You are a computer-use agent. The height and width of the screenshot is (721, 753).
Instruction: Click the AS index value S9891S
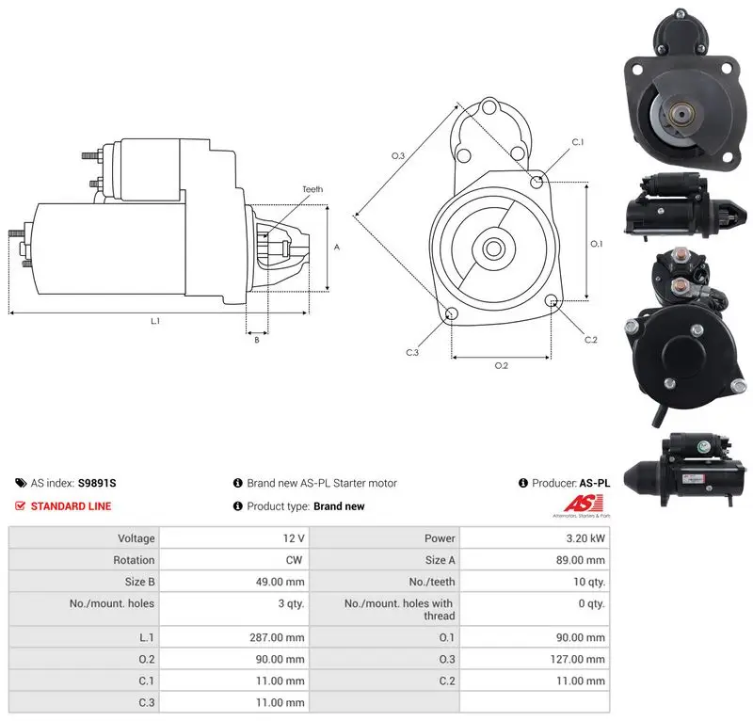point(97,483)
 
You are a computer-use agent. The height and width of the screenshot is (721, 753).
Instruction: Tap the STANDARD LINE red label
point(71,506)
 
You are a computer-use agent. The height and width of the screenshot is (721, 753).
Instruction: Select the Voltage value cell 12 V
point(294,538)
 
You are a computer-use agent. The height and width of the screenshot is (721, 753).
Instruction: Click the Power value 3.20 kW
point(585,538)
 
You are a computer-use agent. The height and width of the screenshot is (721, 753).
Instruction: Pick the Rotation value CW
point(294,560)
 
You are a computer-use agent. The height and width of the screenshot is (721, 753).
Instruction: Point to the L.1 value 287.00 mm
point(277,637)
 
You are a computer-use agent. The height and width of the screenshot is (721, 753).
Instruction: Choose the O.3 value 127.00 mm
point(577,659)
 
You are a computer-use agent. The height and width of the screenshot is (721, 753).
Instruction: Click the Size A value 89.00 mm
point(580,560)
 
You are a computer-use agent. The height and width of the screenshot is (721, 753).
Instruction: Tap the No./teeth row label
point(432,582)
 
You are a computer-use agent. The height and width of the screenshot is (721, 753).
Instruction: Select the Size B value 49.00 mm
point(280,582)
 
